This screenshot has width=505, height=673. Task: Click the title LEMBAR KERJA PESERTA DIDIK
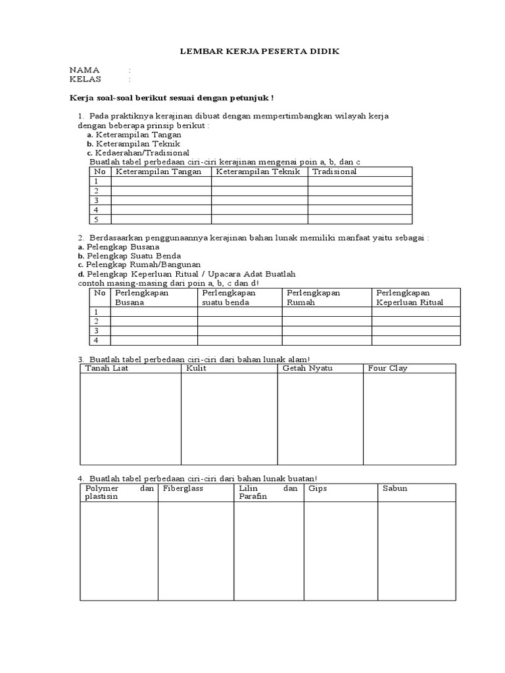pos(260,51)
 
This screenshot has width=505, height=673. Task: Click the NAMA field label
pos(84,70)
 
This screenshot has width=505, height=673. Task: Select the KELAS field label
pos(85,80)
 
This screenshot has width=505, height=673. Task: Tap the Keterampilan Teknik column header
pos(258,172)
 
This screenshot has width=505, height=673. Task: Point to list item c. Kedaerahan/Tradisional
pos(141,152)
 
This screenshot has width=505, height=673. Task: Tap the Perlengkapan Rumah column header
pos(314,298)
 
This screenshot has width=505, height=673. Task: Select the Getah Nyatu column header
pos(307,368)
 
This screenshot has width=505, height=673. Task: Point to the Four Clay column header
pos(388,368)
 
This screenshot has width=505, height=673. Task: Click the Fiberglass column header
pos(183,489)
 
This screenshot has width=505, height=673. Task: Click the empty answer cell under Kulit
pos(229,418)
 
